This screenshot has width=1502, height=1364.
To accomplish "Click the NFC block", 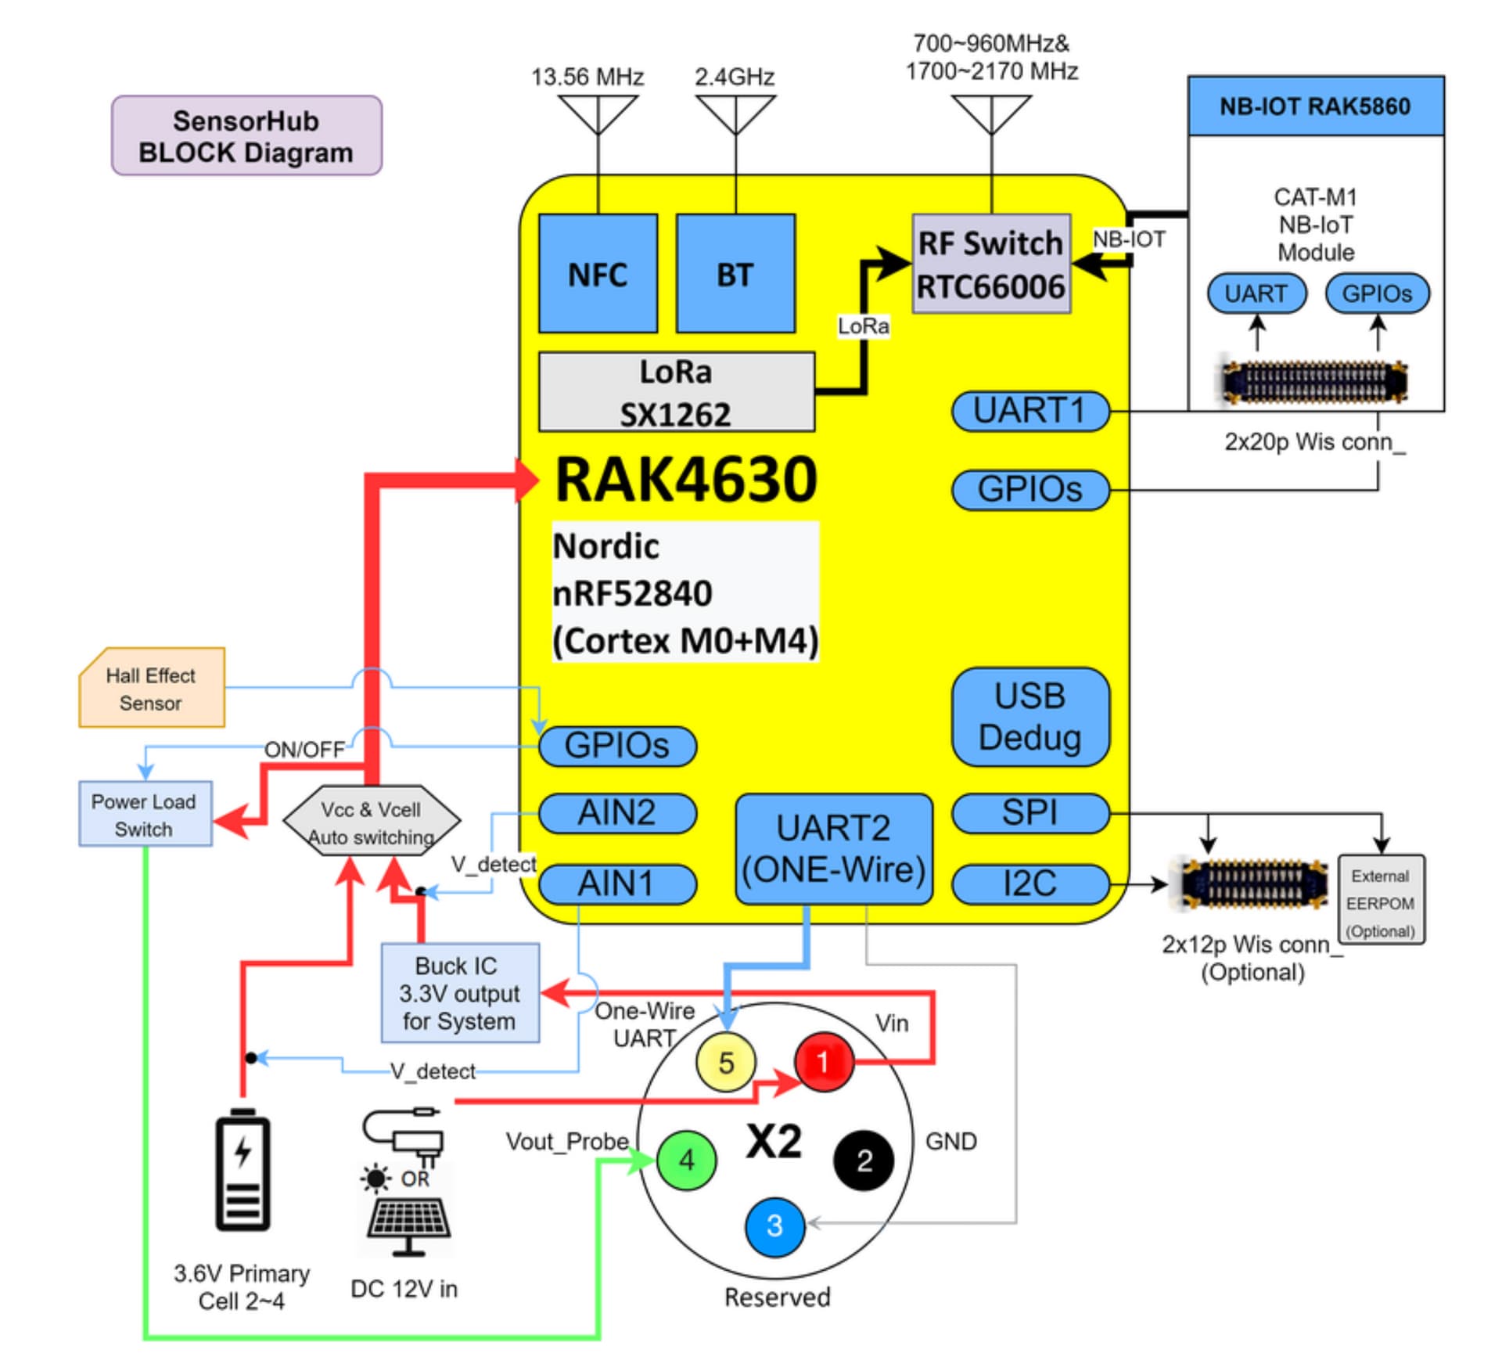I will click(598, 273).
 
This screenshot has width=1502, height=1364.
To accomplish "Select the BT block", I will click(735, 273).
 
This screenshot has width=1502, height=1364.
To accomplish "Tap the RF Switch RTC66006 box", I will click(990, 265).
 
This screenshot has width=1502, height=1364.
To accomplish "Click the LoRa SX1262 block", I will click(676, 391).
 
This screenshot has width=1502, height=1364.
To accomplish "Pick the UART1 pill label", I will click(1030, 411).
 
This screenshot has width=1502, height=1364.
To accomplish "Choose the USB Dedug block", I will click(1030, 717).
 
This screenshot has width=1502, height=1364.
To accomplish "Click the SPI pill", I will click(1030, 813).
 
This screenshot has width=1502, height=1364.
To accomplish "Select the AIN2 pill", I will click(616, 813).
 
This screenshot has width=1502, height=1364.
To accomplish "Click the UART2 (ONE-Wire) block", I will click(834, 849).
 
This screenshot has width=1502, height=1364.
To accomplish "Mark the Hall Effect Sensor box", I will click(152, 688).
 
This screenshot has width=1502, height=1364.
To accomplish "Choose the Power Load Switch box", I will click(145, 814).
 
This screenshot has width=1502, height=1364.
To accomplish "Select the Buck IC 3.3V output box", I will click(460, 992).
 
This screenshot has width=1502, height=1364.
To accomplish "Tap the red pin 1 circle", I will click(823, 1062).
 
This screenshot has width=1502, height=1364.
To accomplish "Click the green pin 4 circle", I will click(686, 1160).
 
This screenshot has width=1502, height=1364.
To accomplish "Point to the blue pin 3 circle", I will click(774, 1226).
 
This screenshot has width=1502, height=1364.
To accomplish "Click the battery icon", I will click(243, 1170).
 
